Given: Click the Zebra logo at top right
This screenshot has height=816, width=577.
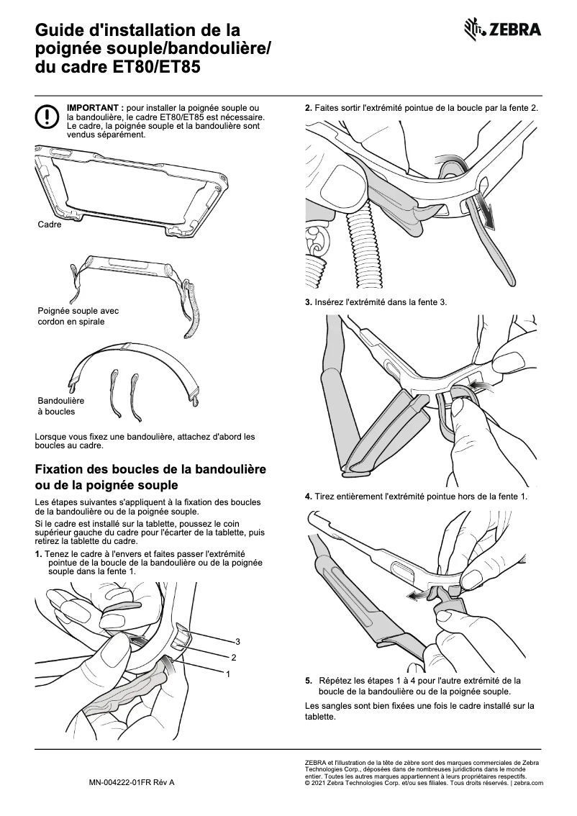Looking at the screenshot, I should click(x=503, y=30).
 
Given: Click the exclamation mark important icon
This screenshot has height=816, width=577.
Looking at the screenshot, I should click(x=47, y=116).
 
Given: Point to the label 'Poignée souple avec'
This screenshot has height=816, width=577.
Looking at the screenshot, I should click(x=78, y=311).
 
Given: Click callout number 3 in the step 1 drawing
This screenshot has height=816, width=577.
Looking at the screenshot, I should click(x=237, y=641).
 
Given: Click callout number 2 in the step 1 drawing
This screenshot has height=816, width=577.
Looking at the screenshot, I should click(x=233, y=658).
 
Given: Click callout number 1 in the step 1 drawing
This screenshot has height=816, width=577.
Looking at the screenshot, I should click(x=228, y=674).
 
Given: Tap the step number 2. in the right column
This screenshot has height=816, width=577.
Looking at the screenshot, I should click(x=309, y=108).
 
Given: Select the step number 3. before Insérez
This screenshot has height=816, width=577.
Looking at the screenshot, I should click(x=309, y=302).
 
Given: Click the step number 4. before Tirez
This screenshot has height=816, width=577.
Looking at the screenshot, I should click(x=309, y=497).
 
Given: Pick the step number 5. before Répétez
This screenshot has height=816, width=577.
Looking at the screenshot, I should click(x=309, y=680).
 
